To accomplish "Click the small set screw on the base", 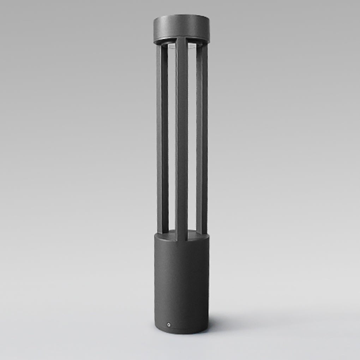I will [169, 324].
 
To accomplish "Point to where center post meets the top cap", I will [182, 39].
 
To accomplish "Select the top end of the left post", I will [163, 46].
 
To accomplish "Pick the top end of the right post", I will [202, 46].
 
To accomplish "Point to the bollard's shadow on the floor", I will [240, 319].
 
